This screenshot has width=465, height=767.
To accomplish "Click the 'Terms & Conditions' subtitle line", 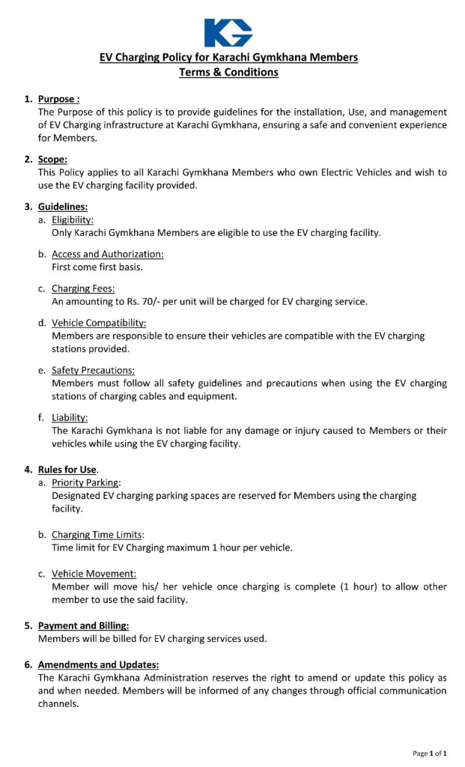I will (x=228, y=73).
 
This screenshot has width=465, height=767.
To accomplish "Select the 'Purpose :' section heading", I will (x=58, y=99).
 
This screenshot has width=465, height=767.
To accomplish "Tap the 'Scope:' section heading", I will (x=52, y=160).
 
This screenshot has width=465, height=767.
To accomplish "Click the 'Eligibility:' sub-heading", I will (x=73, y=219).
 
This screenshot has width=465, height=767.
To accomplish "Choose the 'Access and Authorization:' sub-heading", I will (x=107, y=254).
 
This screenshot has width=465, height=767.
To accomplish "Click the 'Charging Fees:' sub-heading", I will (x=83, y=288).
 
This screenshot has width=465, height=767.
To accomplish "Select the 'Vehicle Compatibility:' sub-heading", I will (x=99, y=323).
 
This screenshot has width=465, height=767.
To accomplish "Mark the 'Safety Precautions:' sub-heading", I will (x=93, y=370).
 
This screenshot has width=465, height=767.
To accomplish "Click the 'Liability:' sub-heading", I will (x=70, y=417).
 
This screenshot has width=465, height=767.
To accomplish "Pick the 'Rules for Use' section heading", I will (x=67, y=470).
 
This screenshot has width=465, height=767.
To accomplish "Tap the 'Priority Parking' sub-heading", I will (x=85, y=483).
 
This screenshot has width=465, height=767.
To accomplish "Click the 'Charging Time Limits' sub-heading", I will (x=97, y=535).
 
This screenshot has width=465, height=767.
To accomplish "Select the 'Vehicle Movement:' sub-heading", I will (x=94, y=574).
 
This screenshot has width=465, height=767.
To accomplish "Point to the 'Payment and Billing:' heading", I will (x=83, y=625).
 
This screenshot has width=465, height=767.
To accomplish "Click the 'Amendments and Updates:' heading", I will (x=98, y=664).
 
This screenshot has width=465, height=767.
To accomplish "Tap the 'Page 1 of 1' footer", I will (x=430, y=753).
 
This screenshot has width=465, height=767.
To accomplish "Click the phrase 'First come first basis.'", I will (x=97, y=267).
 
